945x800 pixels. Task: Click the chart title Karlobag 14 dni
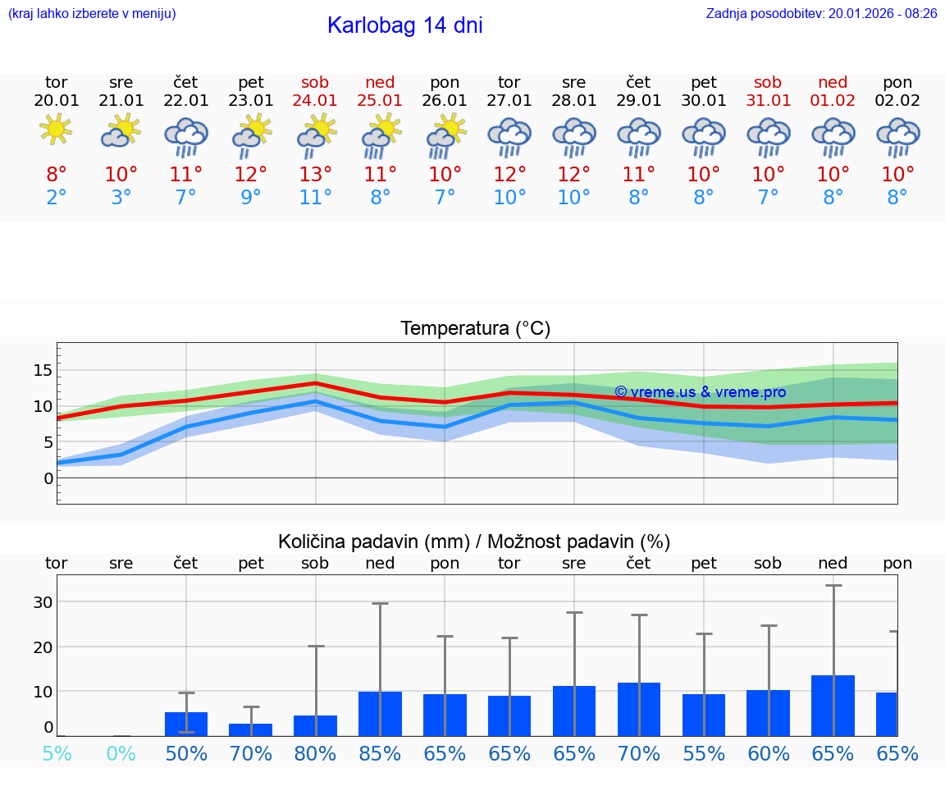coord(404,25)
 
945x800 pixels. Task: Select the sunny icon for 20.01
coord(56,130)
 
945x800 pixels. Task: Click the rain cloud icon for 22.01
coord(186,136)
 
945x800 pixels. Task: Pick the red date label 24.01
coord(315,100)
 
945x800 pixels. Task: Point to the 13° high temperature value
coord(315,175)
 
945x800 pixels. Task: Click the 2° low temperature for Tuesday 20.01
coord(56,198)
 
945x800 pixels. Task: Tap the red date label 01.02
coord(833,100)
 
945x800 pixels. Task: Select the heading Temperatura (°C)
coord(475,328)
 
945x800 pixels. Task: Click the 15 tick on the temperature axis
coord(43,370)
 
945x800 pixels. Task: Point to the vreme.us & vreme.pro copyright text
coord(700,392)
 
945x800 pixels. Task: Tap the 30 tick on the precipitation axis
coord(43,602)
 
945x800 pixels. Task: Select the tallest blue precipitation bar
coord(833,706)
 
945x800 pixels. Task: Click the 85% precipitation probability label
coord(380,753)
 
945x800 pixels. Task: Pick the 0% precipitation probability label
coord(121,753)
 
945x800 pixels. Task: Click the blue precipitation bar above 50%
coord(186,724)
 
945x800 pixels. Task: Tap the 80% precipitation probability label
coord(315,753)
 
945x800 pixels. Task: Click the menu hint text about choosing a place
coord(92,13)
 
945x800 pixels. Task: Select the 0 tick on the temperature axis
coord(48,478)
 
